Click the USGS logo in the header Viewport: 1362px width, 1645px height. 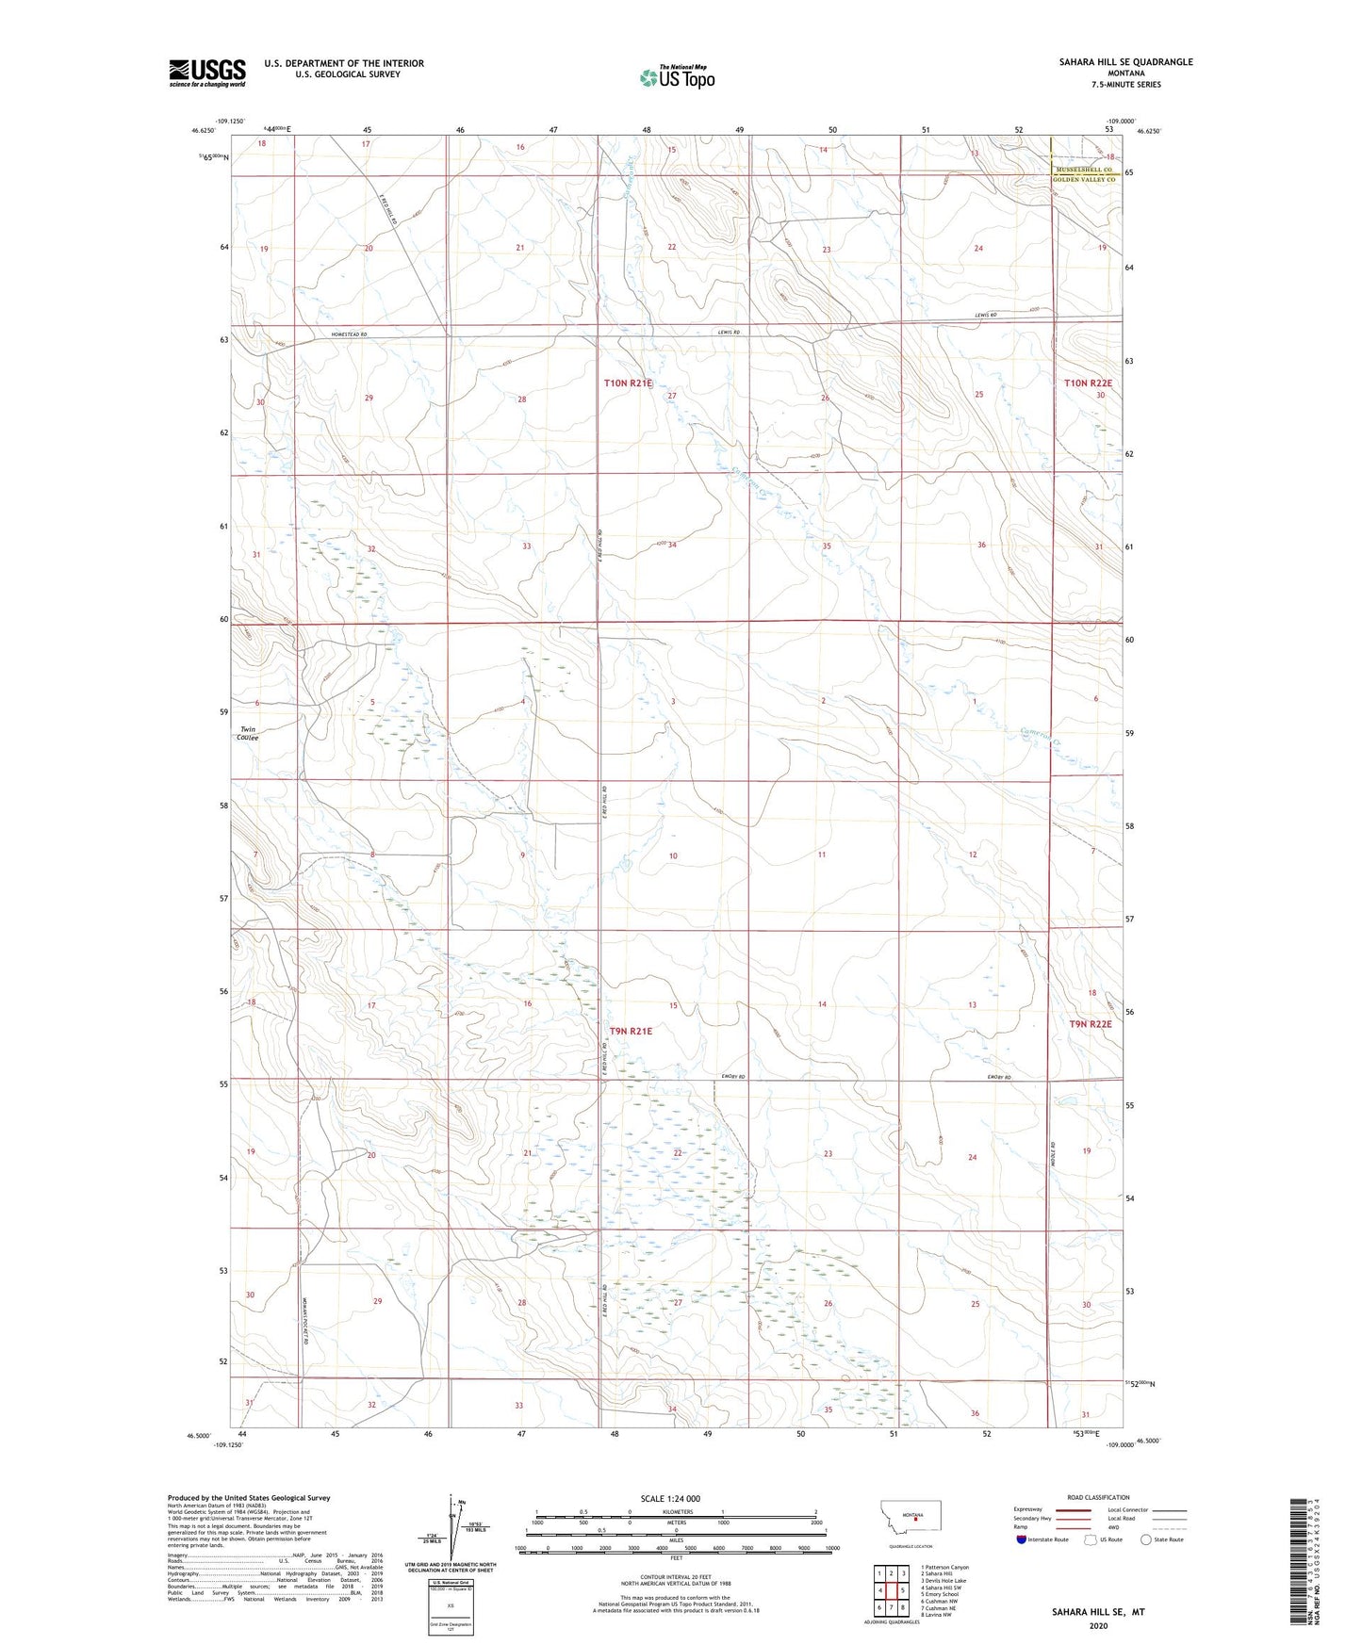pos(207,73)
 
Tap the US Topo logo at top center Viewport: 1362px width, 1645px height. pos(677,77)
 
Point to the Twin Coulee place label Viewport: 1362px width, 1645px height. pos(249,733)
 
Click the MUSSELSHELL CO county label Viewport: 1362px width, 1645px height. pos(1086,170)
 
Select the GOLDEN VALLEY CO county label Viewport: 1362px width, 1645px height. pos(1084,179)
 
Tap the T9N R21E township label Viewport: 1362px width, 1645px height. pos(631,1031)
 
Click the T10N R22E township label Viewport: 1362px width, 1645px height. pos(1088,383)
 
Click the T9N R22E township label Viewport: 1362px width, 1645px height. pos(1091,1024)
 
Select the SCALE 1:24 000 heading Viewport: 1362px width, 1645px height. pos(669,1498)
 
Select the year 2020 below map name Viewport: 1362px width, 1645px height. pos(1098,1625)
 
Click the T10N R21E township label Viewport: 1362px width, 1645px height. pos(628,383)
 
